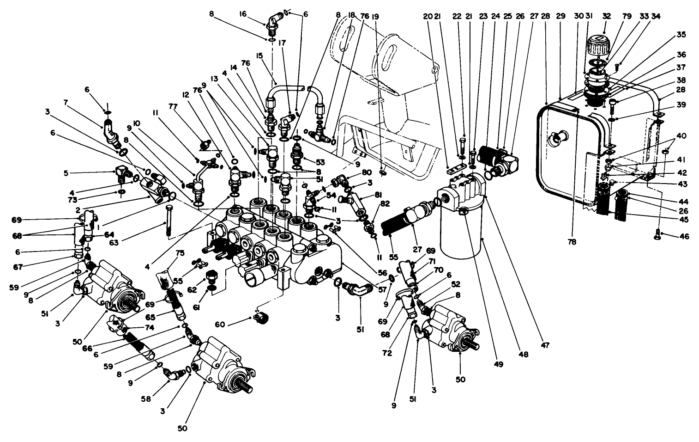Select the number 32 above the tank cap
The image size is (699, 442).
607,16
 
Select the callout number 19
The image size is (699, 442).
375,16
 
